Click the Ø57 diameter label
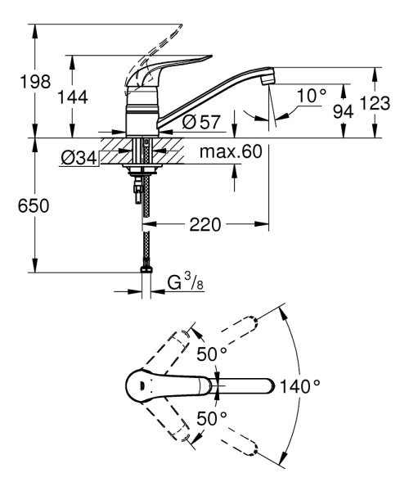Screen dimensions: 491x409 (199, 122)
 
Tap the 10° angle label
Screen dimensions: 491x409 (311, 97)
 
